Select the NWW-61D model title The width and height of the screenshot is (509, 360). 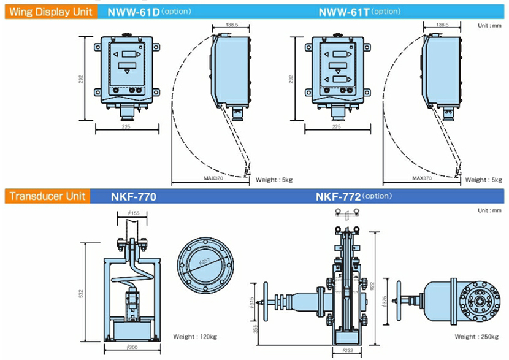pos(134,11)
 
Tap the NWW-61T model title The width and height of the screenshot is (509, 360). pos(344,11)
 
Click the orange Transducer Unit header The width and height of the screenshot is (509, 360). pos(45,197)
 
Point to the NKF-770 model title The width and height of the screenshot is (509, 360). pos(134,197)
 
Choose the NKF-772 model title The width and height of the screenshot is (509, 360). pos(337,197)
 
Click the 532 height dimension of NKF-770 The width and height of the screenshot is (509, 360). pos(82,293)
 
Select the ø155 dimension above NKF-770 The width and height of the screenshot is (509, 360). pos(132,213)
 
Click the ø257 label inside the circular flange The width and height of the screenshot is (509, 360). pos(205,262)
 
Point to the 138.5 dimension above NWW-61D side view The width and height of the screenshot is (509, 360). pos(231,25)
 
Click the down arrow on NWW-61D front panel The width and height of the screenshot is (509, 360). pos(127,72)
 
